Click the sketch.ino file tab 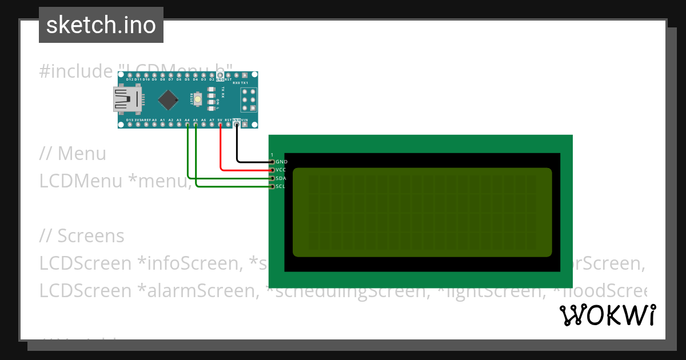click(x=101, y=25)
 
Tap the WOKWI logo click(x=607, y=315)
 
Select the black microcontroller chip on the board click(x=167, y=99)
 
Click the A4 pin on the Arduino click(x=187, y=124)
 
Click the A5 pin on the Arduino click(x=196, y=124)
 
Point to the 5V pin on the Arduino click(x=220, y=124)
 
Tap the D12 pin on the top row click(x=130, y=75)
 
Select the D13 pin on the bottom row click(x=130, y=124)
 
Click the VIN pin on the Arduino click(x=245, y=124)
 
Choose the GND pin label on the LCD click(x=281, y=162)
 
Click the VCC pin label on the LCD click(x=281, y=170)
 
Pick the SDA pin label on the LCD click(x=281, y=178)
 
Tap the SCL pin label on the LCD click(x=280, y=186)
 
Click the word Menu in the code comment click(x=82, y=154)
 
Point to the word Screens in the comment click(x=91, y=236)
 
